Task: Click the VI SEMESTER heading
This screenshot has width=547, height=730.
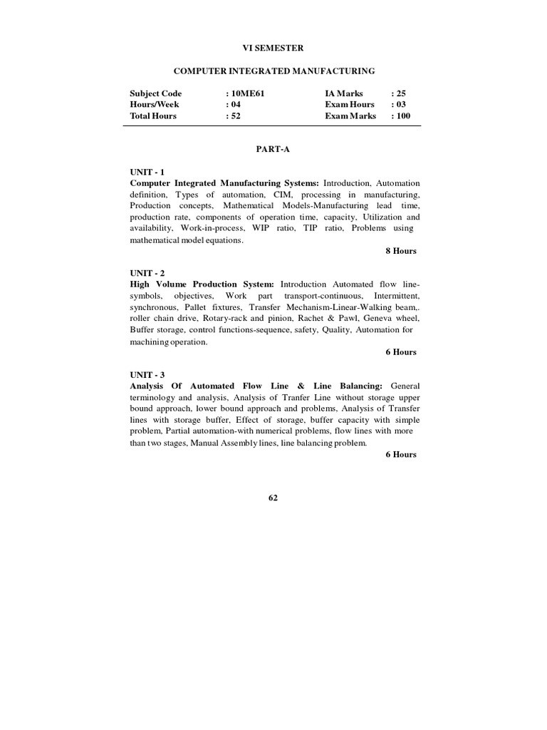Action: pyautogui.click(x=274, y=48)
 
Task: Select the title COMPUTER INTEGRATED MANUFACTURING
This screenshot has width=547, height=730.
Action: pyautogui.click(x=274, y=71)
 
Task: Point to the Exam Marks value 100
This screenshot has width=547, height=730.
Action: pyautogui.click(x=401, y=115)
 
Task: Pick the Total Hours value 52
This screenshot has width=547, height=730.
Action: pyautogui.click(x=235, y=115)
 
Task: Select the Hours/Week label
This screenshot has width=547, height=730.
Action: pyautogui.click(x=155, y=104)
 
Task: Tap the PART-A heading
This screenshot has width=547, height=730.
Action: pyautogui.click(x=273, y=150)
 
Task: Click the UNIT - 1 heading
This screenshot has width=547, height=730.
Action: pyautogui.click(x=147, y=172)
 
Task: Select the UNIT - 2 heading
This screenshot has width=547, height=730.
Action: pyautogui.click(x=147, y=273)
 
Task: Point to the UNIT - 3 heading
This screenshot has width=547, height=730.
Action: pyautogui.click(x=147, y=374)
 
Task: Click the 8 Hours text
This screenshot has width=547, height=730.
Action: pyautogui.click(x=401, y=251)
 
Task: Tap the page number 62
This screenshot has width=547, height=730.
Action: pyautogui.click(x=273, y=498)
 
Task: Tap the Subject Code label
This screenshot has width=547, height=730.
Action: pyautogui.click(x=155, y=93)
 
